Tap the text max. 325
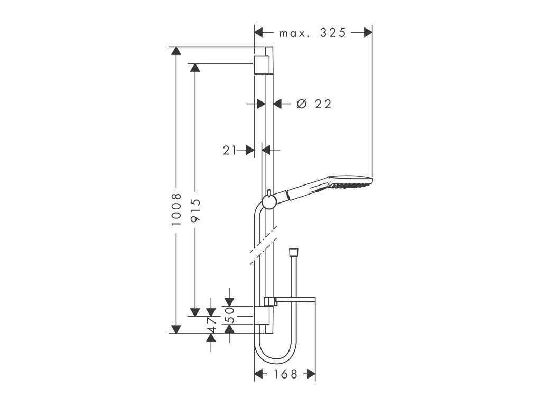tap(312, 33)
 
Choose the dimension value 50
tap(229, 314)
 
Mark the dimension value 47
tap(211, 324)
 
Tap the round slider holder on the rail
tap(268, 202)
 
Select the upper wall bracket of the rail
tap(262, 64)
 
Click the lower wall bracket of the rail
tap(263, 316)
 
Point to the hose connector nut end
tap(293, 251)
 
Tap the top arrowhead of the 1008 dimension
tap(176, 51)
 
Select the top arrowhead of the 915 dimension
tap(195, 68)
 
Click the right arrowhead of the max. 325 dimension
tap(368, 33)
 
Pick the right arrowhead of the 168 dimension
tap(311, 374)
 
